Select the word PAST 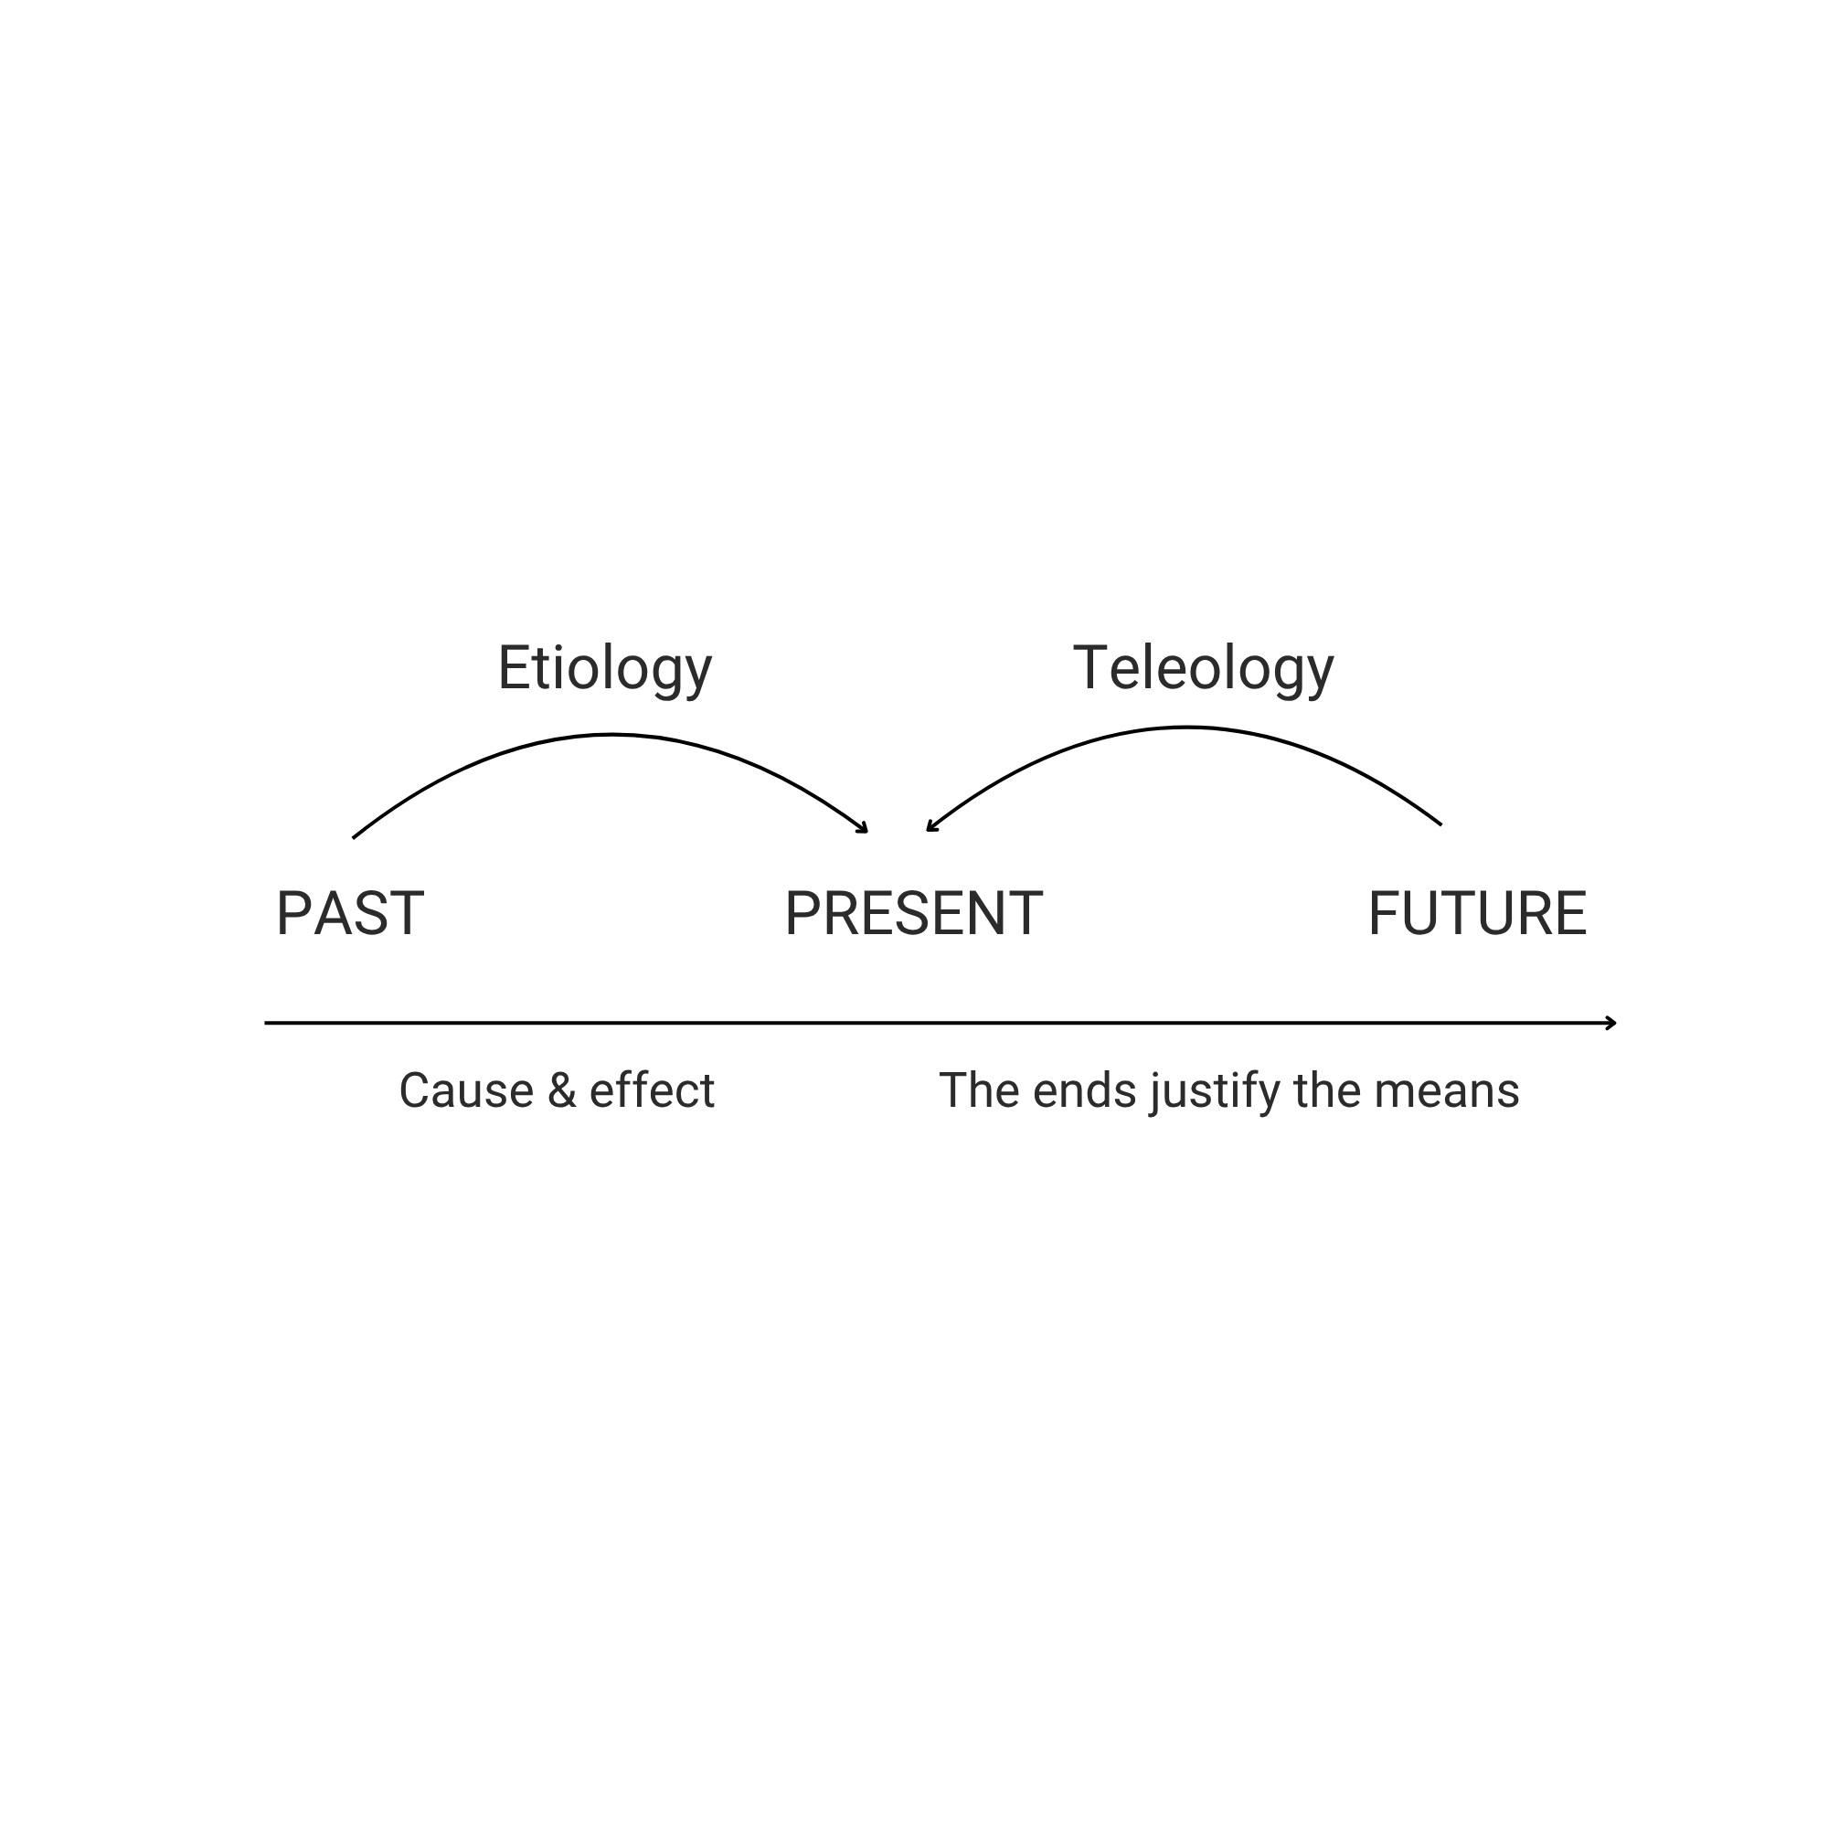[x=349, y=914]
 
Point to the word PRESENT [x=913, y=914]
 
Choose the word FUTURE [x=1477, y=914]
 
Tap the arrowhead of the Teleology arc [x=930, y=828]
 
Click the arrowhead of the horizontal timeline [x=1611, y=1023]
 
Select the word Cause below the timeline [x=465, y=1091]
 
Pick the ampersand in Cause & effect [x=562, y=1091]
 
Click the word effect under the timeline [x=651, y=1091]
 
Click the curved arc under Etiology [x=611, y=734]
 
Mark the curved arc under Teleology [x=1185, y=728]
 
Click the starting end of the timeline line [x=267, y=1023]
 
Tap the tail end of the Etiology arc [x=354, y=837]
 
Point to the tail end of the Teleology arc [x=1440, y=824]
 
